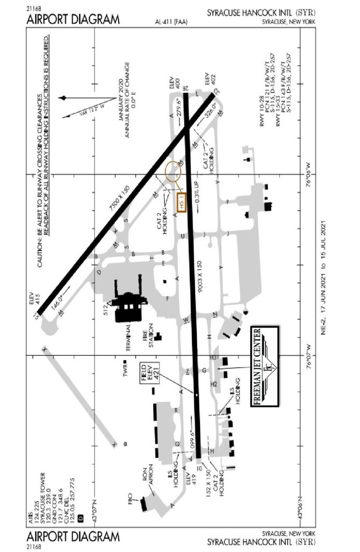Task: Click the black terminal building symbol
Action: (129, 306)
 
